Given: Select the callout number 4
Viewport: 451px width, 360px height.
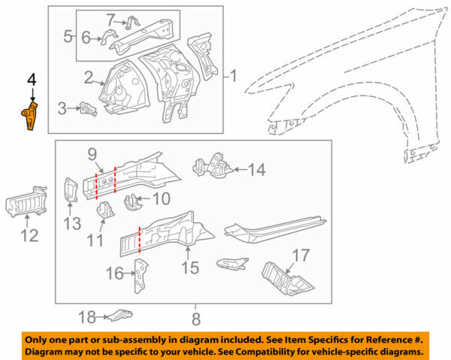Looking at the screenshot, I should coord(31,77).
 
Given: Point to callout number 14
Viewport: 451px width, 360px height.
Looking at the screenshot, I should coord(256,171).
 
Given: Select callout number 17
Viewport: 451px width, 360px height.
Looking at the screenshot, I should coord(300,256).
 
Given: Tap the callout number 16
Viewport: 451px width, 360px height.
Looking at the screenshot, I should coord(113,273).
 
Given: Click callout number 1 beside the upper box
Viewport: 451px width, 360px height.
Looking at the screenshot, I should coord(233,75).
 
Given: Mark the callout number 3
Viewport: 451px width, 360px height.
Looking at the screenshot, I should coord(62,108).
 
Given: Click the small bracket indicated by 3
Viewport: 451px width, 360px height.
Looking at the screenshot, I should coord(88,108).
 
